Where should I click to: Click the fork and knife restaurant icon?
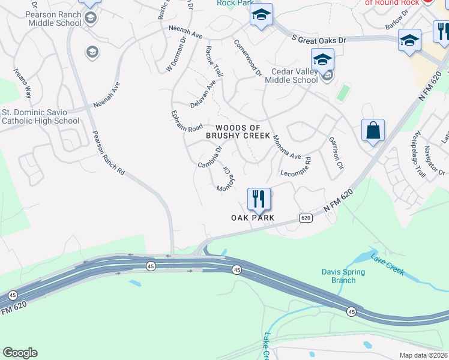(259, 199)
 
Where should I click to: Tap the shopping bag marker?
(373, 130)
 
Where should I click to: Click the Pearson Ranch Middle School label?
(54, 19)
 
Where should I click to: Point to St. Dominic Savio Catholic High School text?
(40, 116)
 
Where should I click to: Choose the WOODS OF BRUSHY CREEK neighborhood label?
(238, 132)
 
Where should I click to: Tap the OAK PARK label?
(253, 217)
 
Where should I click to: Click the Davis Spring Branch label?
(343, 276)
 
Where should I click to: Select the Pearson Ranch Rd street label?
(108, 153)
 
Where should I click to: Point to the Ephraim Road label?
(186, 121)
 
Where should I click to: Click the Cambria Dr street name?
(210, 157)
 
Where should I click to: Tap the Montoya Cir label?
(224, 178)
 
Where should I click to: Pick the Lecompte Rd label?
(295, 169)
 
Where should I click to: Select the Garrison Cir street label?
(335, 153)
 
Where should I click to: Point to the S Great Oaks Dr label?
(319, 38)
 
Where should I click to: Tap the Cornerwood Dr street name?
(248, 59)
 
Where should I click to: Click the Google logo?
(20, 353)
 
